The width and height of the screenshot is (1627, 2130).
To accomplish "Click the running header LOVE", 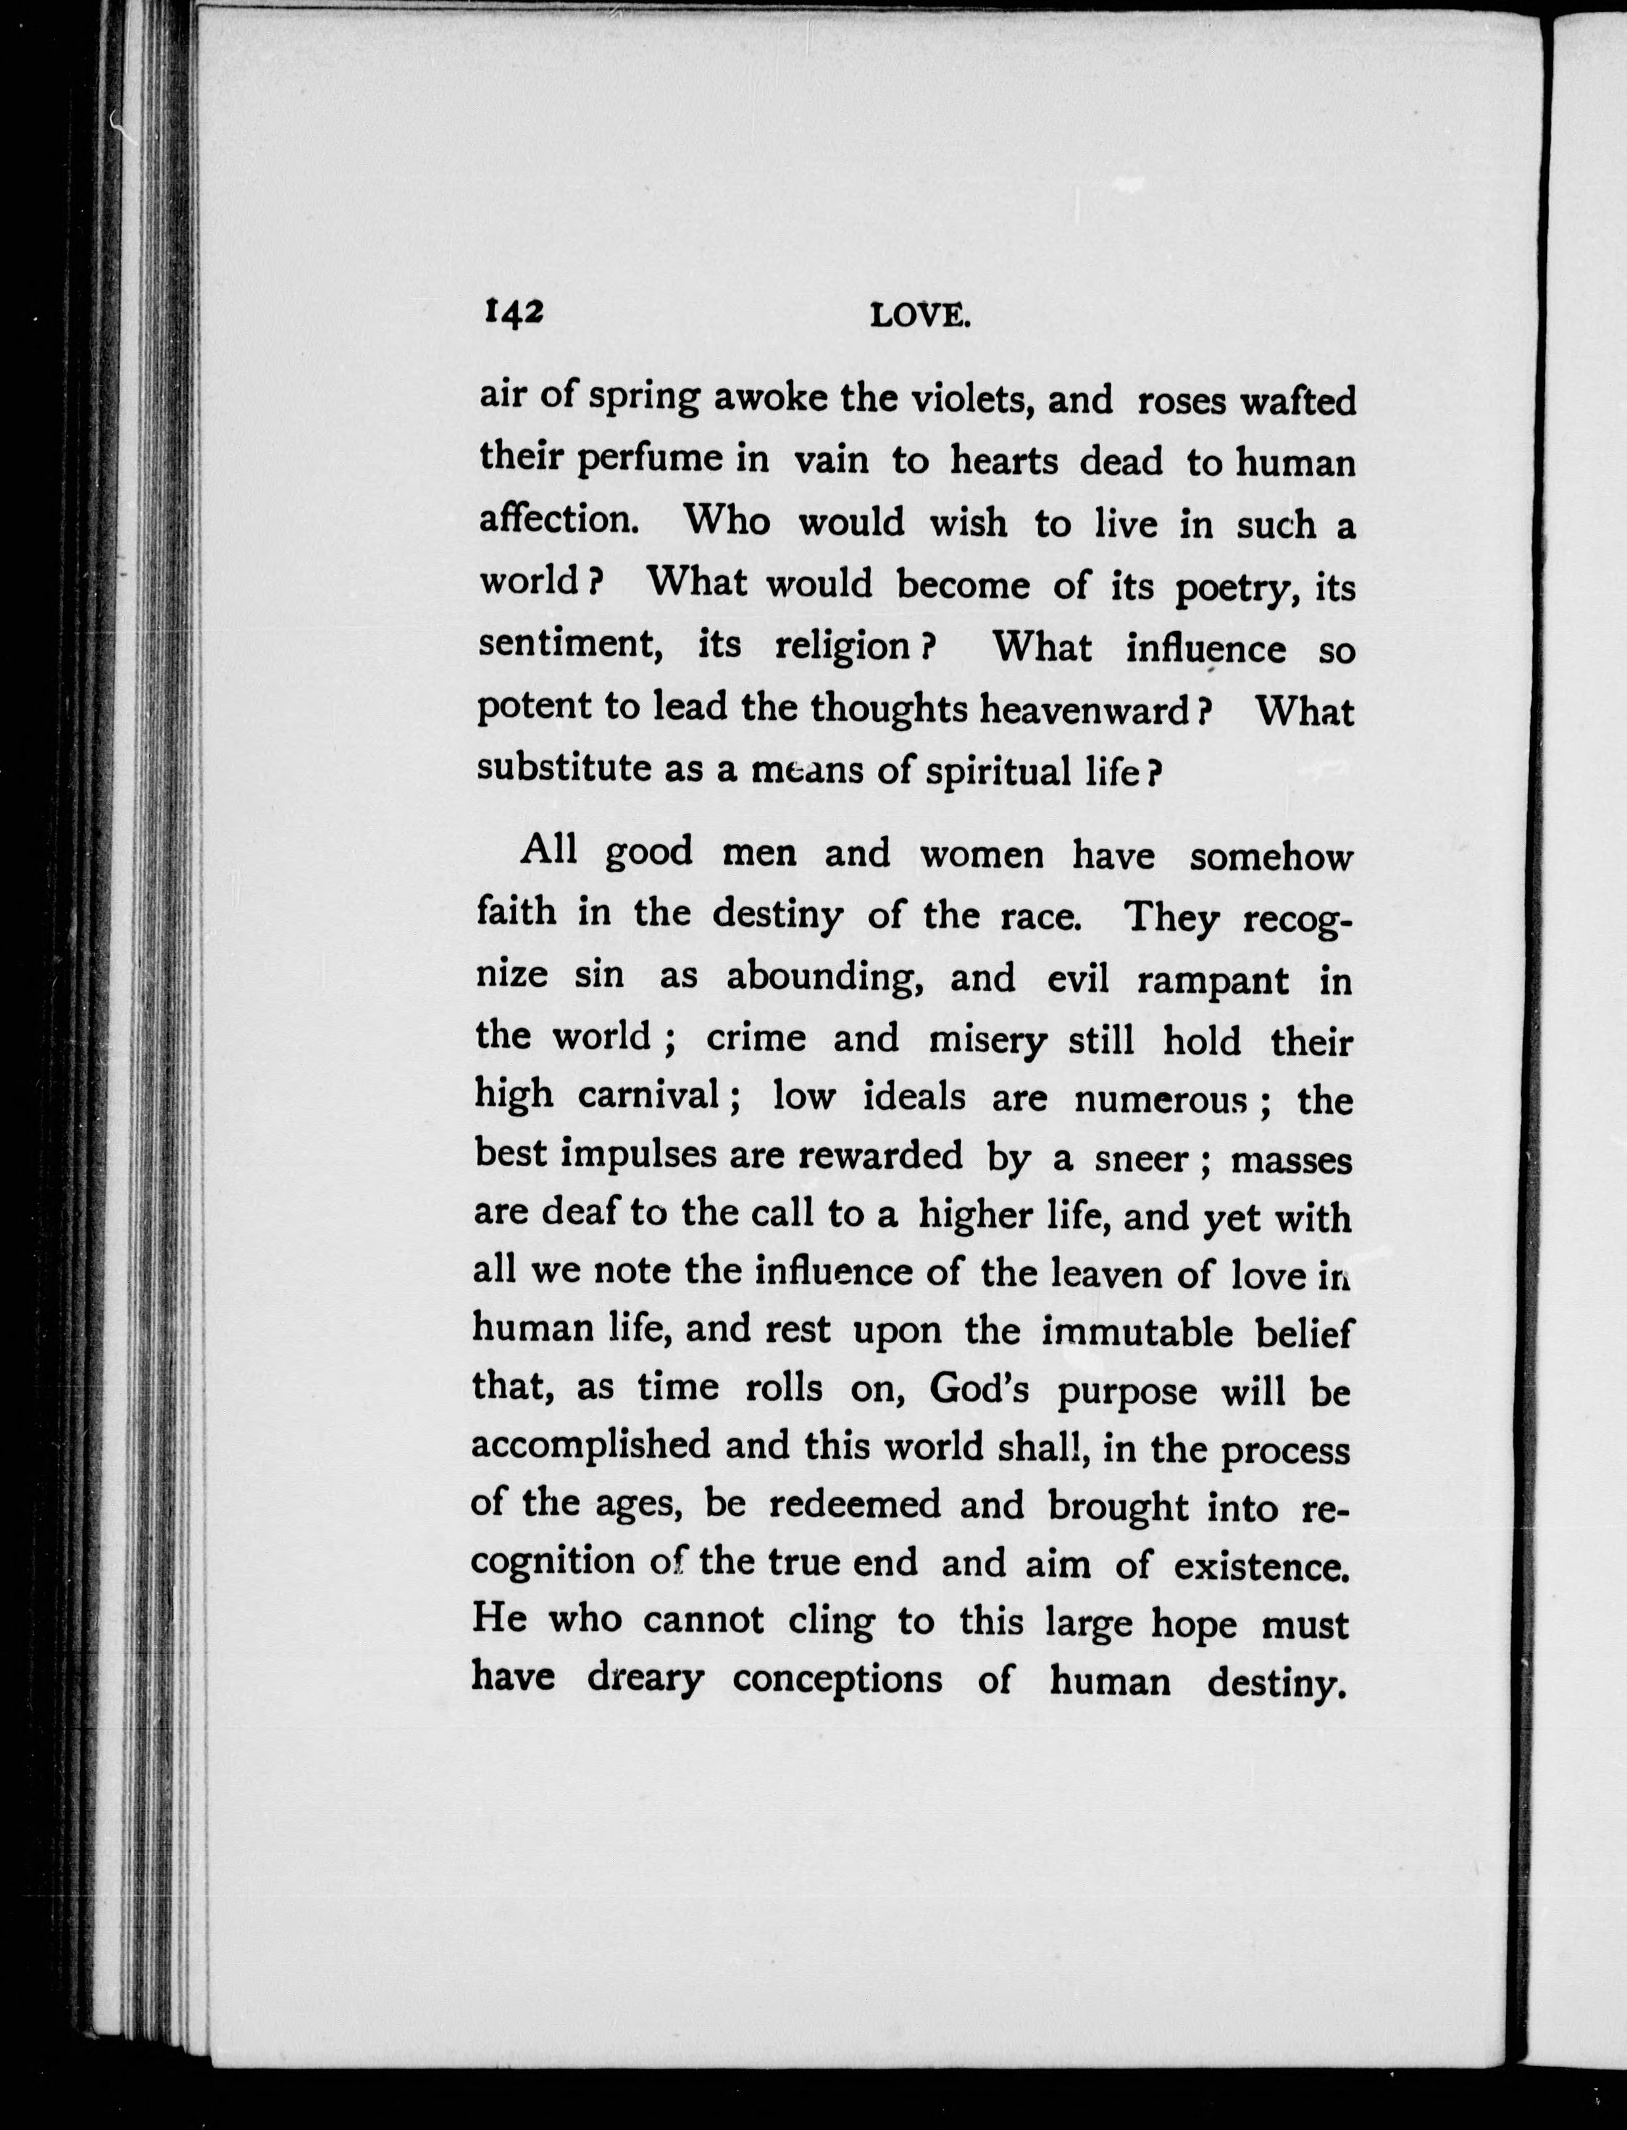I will click(919, 316).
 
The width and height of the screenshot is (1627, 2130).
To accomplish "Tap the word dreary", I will click(645, 1678).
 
